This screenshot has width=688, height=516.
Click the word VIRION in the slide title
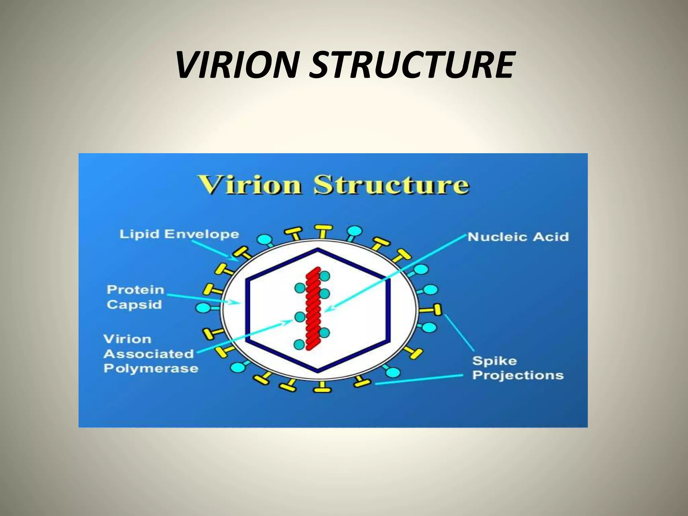(x=237, y=65)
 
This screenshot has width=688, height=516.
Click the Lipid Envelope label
(x=179, y=234)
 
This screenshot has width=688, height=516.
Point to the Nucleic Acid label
(x=518, y=237)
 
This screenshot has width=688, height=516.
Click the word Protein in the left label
(x=135, y=290)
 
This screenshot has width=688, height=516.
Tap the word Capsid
(x=134, y=305)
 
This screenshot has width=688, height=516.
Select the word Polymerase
(x=151, y=368)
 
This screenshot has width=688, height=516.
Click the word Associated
(x=149, y=354)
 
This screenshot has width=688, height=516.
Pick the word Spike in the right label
(x=494, y=361)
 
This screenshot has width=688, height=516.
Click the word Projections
(x=518, y=375)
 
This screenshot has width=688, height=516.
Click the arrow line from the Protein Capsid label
(x=202, y=299)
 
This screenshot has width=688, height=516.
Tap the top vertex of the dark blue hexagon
(x=318, y=249)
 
